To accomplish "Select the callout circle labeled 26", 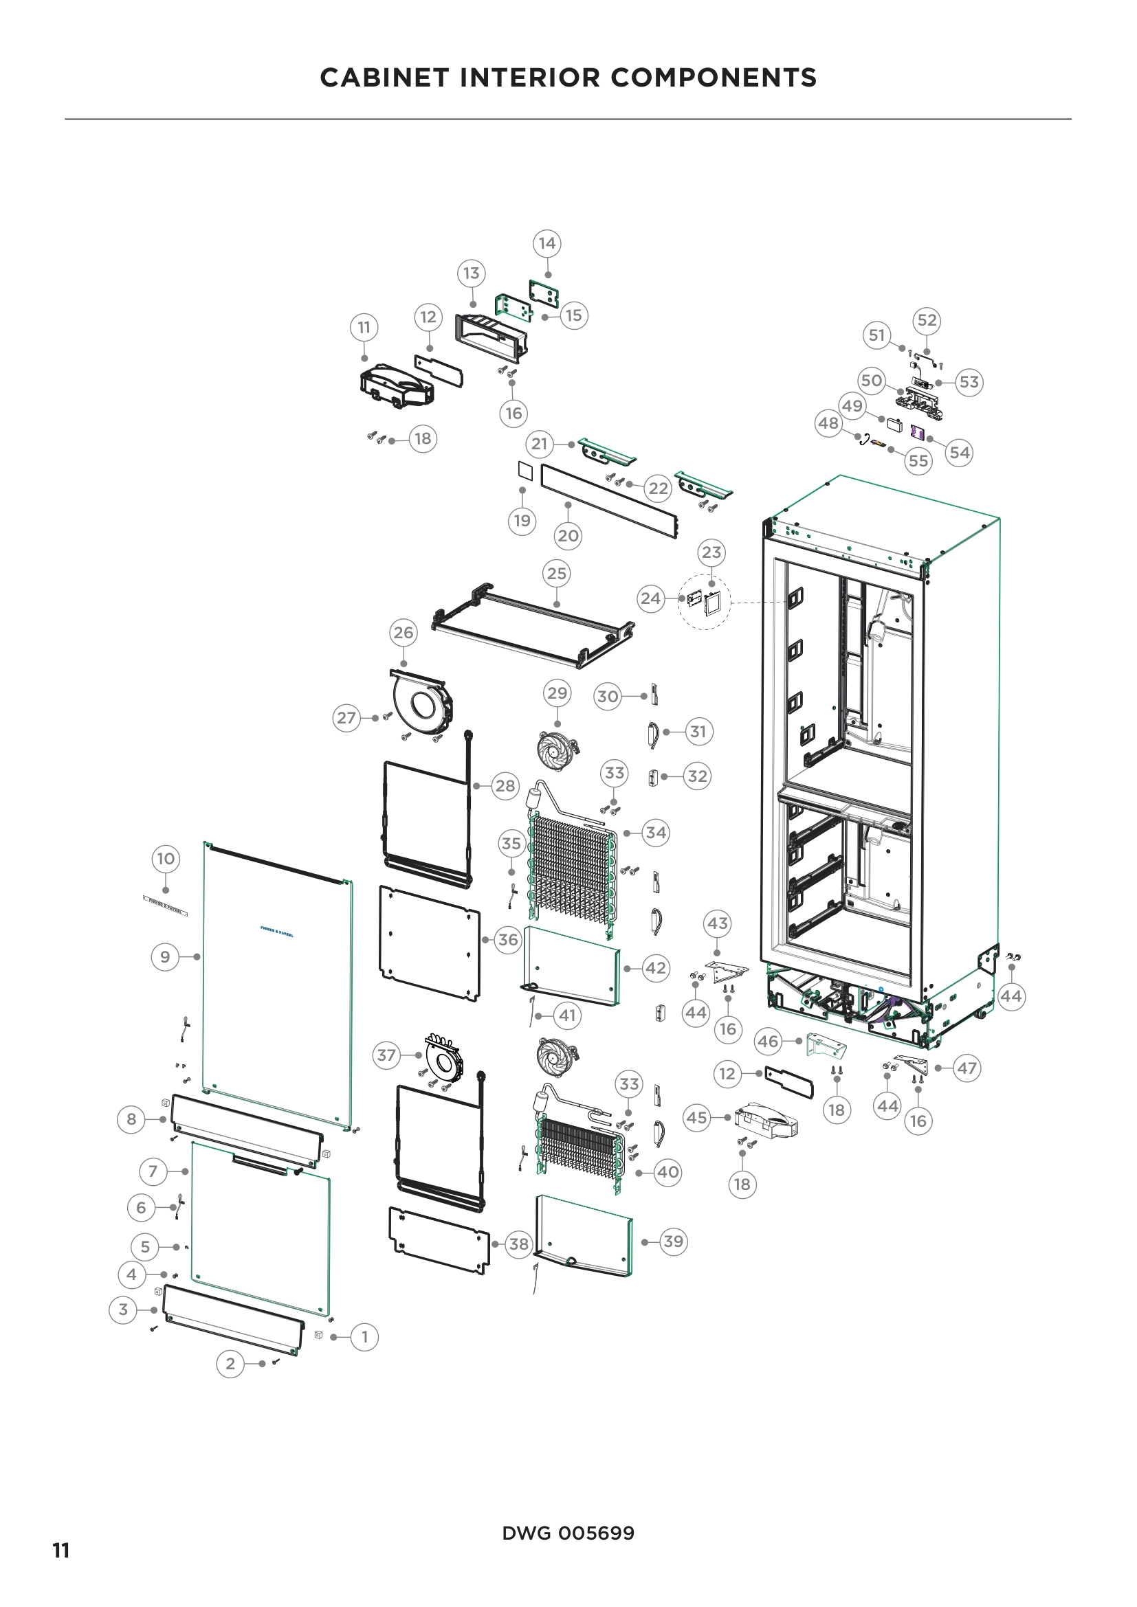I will pos(404,633).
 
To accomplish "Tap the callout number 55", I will pos(918,460).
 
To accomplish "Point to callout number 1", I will pos(364,1337).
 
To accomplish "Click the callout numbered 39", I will pos(673,1241).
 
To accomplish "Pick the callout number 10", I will pos(165,859).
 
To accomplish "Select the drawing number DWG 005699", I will pos(568,1533).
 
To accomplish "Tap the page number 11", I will pos(61,1551).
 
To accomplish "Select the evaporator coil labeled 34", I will pos(573,875).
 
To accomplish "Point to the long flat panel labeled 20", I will pos(609,501).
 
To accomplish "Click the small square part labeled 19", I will pos(525,471).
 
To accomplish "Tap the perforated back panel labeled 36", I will pos(429,943).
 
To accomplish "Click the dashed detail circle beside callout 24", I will pos(705,602).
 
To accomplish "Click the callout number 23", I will pos(711,552).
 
